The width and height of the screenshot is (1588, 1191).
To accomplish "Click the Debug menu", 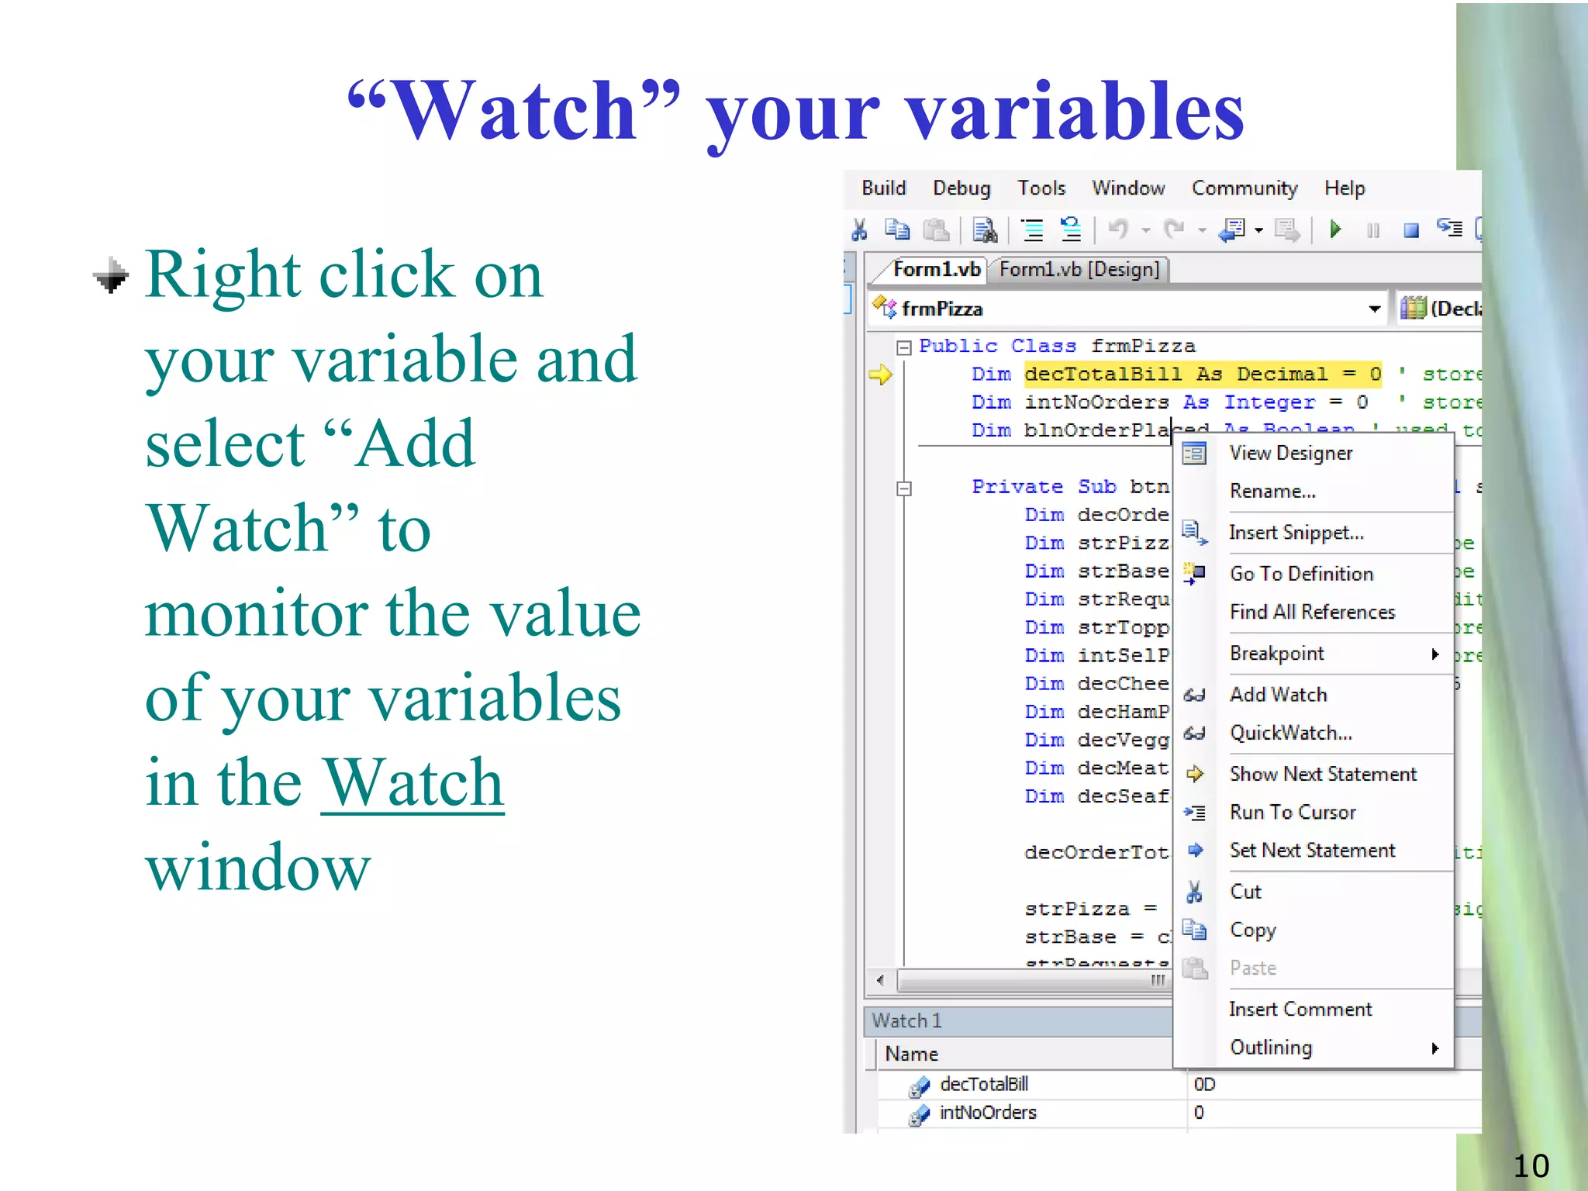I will (961, 188).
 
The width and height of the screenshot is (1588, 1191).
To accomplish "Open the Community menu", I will (1244, 188).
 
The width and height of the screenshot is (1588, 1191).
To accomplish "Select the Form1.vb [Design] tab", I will (1079, 269).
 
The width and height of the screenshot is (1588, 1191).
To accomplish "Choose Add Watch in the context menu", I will (1278, 695).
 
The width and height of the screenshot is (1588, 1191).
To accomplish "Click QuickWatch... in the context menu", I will (1290, 733).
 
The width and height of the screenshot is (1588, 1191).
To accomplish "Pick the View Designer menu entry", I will (1290, 453).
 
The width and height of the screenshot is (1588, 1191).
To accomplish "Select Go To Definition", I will (1301, 574).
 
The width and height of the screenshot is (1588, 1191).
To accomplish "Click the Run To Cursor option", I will (1293, 812).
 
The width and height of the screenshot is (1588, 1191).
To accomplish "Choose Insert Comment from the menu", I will (1300, 1009).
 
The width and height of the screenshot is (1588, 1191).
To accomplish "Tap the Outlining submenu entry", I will (1271, 1048).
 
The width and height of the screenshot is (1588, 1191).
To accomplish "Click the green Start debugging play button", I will (1335, 230).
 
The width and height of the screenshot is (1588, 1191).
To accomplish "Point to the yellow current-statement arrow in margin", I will (880, 375).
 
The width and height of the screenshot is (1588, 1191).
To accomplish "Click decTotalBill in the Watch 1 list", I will (983, 1084).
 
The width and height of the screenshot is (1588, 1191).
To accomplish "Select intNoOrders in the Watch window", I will (987, 1113).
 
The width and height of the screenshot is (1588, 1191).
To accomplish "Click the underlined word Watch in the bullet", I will (413, 783).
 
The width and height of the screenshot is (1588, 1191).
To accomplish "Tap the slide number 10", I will (1531, 1166).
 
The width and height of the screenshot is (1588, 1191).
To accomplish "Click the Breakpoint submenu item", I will (1276, 654).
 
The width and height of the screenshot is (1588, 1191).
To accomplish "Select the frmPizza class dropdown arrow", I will (1374, 309).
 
